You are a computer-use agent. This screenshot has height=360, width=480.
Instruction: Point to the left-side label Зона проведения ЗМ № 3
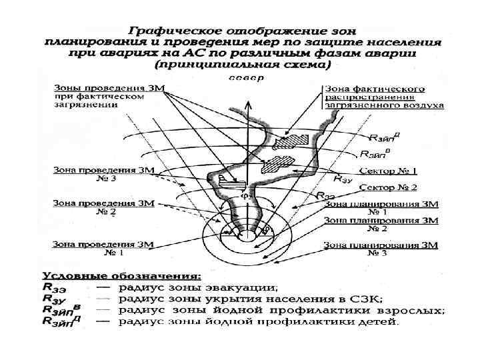click(x=103, y=175)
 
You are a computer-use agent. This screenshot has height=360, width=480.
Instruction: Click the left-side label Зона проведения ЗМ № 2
click(x=103, y=207)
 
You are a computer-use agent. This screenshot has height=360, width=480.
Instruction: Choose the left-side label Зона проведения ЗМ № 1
click(x=103, y=249)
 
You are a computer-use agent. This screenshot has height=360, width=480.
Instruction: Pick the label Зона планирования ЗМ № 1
click(x=381, y=207)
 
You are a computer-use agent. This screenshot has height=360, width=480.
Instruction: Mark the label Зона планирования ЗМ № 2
click(x=381, y=224)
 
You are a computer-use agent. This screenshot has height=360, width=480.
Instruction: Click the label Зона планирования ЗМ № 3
click(x=381, y=249)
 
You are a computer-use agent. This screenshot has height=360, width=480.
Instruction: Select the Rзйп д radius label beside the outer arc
click(x=386, y=138)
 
